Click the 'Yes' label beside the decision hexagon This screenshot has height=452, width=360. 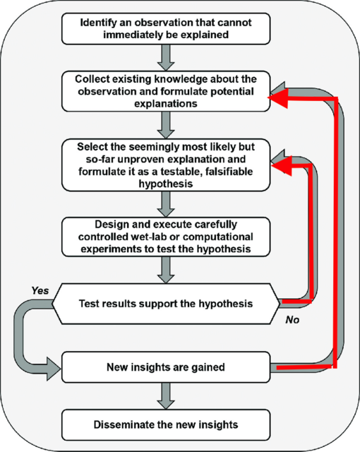(40, 290)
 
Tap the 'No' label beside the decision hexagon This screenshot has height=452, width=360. (292, 320)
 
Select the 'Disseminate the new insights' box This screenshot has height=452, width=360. (166, 425)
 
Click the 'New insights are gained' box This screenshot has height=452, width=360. (166, 367)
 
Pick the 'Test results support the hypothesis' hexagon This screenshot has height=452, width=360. (166, 304)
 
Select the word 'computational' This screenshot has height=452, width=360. (218, 237)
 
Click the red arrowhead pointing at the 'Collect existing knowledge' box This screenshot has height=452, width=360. (278, 98)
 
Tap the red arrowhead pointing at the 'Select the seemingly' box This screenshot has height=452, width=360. (282, 166)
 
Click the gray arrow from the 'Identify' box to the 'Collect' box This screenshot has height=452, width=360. (166, 58)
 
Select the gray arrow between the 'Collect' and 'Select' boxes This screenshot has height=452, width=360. (166, 125)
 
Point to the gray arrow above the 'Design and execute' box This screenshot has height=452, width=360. (166, 204)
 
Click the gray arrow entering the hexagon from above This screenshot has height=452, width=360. (166, 270)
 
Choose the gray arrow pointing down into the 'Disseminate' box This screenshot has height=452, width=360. (166, 396)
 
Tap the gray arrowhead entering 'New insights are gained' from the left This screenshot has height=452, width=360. (54, 369)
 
